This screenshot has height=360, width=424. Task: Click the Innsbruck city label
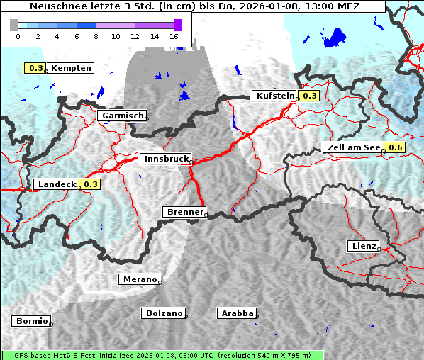[164, 159]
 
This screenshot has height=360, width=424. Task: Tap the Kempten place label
[71, 68]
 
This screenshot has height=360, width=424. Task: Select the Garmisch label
[123, 116]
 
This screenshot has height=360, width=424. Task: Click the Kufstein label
[274, 96]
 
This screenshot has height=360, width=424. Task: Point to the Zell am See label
[352, 147]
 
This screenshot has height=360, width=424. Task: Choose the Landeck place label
[56, 184]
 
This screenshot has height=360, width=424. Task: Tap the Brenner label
[185, 212]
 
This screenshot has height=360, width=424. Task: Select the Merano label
[140, 279]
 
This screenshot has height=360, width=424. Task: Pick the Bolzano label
[164, 313]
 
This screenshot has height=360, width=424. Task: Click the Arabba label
[236, 313]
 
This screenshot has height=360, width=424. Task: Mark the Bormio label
[32, 321]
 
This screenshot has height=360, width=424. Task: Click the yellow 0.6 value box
[395, 147]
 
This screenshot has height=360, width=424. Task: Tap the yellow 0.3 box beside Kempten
[35, 68]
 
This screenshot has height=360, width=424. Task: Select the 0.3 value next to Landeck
[91, 184]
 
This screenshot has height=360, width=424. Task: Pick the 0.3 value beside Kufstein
[310, 96]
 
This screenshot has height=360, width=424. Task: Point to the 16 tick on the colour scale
[174, 35]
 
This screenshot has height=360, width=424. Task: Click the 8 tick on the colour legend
[96, 35]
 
